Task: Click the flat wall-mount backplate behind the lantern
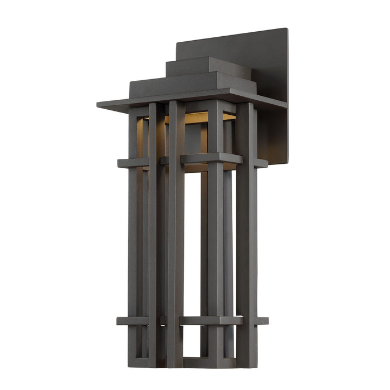pyautogui.click(x=267, y=61)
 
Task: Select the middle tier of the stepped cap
pyautogui.click(x=189, y=85)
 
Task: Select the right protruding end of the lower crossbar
pyautogui.click(x=261, y=320)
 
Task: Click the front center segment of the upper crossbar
pyautogui.click(x=211, y=158)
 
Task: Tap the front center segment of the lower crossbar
pyautogui.click(x=211, y=320)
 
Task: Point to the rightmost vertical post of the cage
pyautogui.click(x=246, y=234)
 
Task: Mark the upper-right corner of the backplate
pyautogui.click(x=286, y=30)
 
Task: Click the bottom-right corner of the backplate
pyautogui.click(x=287, y=162)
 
